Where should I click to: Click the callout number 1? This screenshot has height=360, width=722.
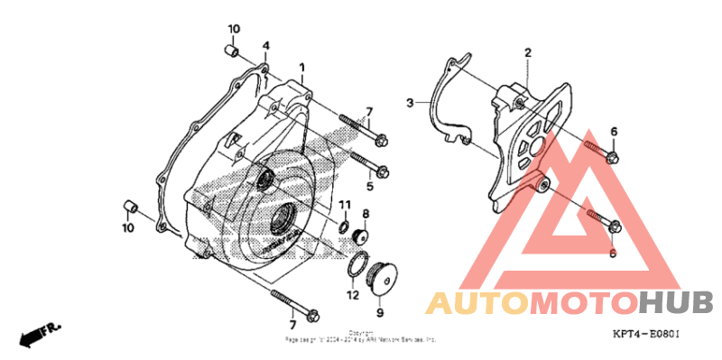(302, 68)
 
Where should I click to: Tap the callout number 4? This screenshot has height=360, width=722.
(265, 46)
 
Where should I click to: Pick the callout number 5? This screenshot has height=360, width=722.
(369, 187)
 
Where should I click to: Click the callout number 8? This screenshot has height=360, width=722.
(366, 214)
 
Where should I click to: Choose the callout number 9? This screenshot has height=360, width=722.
(380, 312)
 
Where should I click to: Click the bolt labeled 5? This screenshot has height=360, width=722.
(367, 166)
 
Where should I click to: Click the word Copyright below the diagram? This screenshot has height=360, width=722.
(361, 332)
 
